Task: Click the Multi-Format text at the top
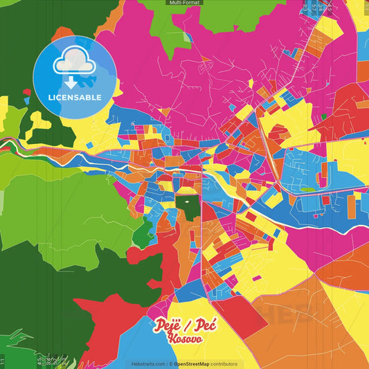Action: (x=184, y=3)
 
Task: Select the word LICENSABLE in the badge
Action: (x=74, y=96)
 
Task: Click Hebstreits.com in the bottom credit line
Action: (x=147, y=364)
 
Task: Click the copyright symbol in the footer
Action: (x=170, y=364)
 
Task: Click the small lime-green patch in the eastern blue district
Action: (x=307, y=188)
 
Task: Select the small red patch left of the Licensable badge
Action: (x=26, y=91)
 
